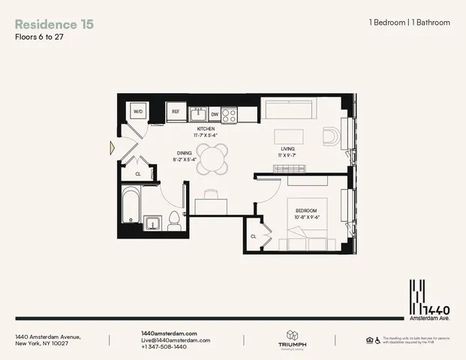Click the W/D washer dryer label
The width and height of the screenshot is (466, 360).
pyautogui.click(x=138, y=112)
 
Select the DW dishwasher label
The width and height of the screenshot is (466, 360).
pyautogui.click(x=214, y=115)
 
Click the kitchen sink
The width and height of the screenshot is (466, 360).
pyautogui.click(x=199, y=114)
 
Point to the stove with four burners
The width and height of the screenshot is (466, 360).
pyautogui.click(x=230, y=115)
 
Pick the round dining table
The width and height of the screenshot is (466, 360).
pyautogui.click(x=215, y=160)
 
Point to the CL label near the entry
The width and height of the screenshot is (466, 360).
pyautogui.click(x=137, y=174)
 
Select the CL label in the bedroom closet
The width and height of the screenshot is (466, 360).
pyautogui.click(x=254, y=235)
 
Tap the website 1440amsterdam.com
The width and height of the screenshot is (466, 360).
pyautogui.click(x=169, y=333)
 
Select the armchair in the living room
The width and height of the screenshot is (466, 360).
pyautogui.click(x=330, y=136)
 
